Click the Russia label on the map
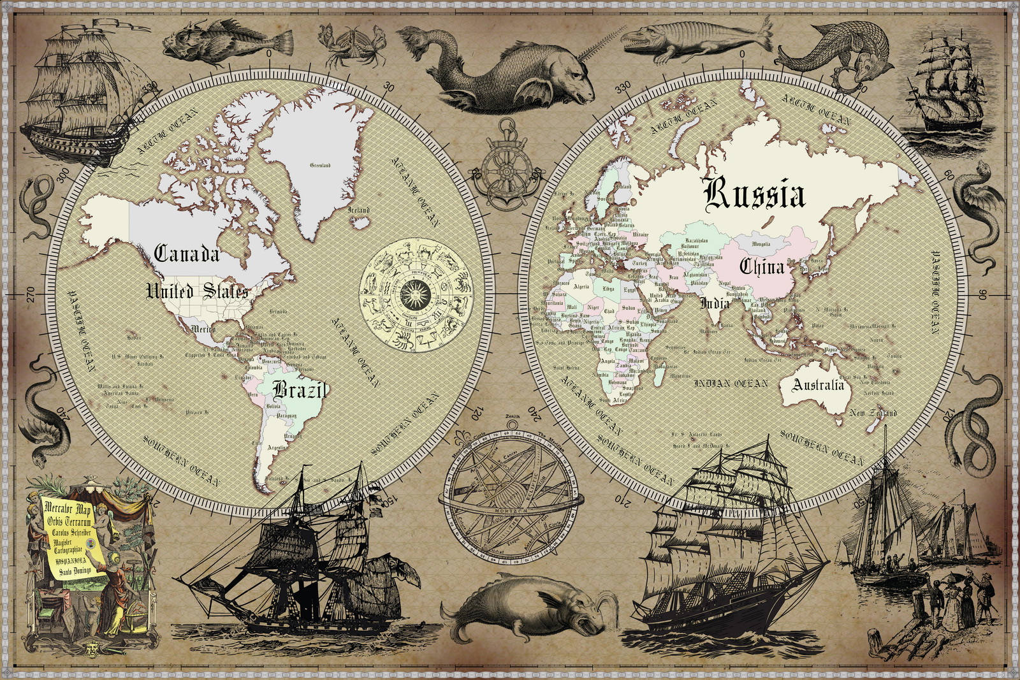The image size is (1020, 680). pos(755,194)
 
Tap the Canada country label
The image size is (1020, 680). pos(187,254)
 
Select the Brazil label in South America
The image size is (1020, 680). pos(300,389)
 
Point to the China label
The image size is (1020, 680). pos(761,266)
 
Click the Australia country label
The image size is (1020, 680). pos(819,385)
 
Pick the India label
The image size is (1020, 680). pos(715,303)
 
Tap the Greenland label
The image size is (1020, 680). pos(320,165)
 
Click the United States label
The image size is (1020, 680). pos(197,291)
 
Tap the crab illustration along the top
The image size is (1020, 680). pos(353,45)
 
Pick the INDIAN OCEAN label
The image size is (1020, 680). pos(731,384)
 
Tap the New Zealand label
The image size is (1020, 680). pos(873,413)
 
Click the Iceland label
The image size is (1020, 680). pos(358,210)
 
